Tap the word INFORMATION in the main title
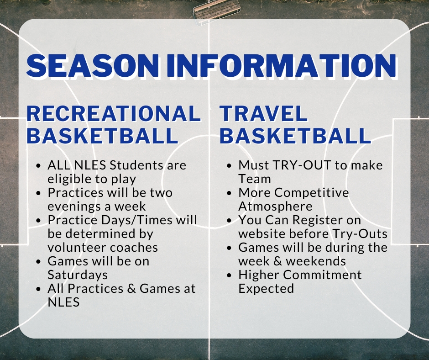point(282,66)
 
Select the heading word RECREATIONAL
point(114,113)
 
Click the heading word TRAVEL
point(264,113)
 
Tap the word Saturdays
point(78,275)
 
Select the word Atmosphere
point(275,206)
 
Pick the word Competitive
point(312,193)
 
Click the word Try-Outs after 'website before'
point(360,234)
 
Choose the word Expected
point(266,288)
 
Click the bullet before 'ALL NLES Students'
point(39,166)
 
